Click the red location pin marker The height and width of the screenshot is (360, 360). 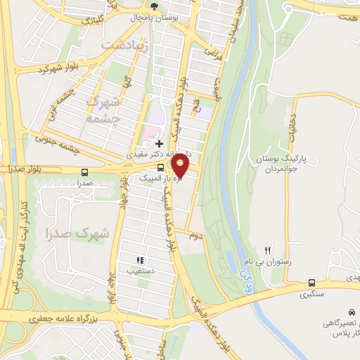181,165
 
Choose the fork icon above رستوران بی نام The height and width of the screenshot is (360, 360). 266,250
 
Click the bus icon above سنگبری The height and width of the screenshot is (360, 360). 311,283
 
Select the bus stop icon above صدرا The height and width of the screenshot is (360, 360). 85,172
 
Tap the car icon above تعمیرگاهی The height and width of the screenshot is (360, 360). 350,311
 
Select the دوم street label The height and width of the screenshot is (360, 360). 195,236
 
